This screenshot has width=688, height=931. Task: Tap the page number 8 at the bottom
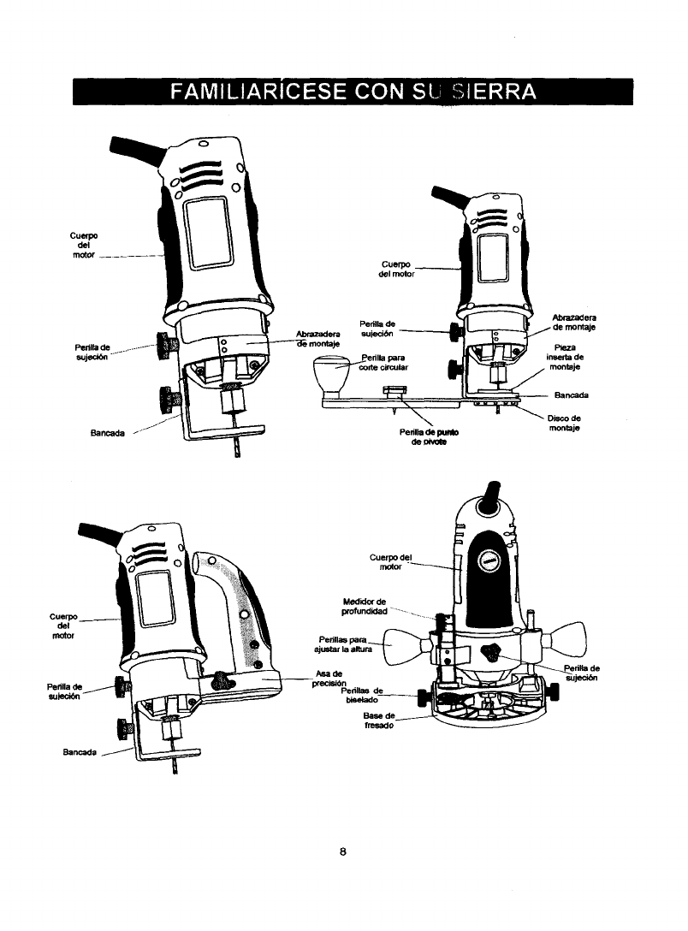342,851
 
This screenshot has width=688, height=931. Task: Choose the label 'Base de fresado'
377,720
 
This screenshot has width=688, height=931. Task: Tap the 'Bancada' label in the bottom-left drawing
81,753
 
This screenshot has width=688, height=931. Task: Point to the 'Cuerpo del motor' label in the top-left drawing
85,243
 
